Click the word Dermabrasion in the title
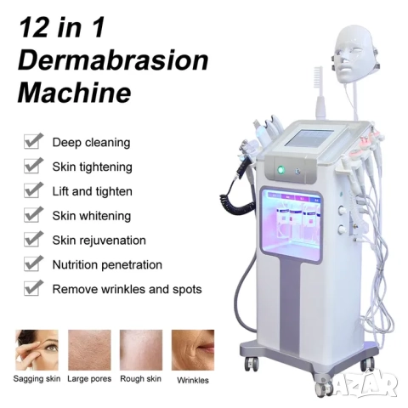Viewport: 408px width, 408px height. [113, 60]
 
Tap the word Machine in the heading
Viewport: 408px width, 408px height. [75, 93]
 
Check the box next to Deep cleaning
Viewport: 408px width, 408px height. [33, 141]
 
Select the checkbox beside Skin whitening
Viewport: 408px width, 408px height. [33, 214]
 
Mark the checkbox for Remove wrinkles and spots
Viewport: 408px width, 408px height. [33, 287]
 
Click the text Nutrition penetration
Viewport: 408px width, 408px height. [107, 265]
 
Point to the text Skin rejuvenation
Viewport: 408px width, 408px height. [99, 241]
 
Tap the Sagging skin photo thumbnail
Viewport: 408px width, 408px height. [37, 350]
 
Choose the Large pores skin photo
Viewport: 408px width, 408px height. [89, 350]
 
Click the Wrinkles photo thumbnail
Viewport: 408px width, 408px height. [193, 350]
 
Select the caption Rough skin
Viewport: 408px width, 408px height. [141, 379]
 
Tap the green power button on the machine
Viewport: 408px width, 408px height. [280, 170]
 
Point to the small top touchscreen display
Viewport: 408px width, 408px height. [309, 138]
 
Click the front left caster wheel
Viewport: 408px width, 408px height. [252, 364]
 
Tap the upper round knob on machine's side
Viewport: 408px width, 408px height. [342, 210]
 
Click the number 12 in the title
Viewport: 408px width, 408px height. [33, 27]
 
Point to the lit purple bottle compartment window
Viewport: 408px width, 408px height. [292, 225]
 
